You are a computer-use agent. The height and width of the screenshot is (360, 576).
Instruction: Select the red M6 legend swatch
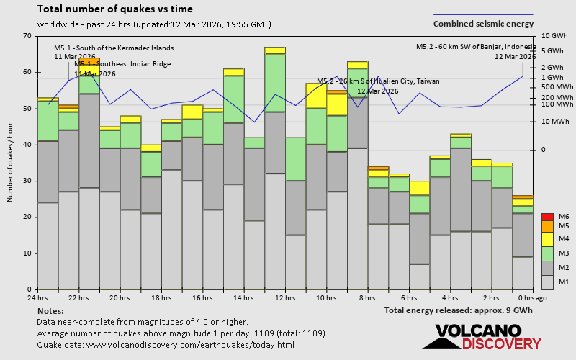point(548,216)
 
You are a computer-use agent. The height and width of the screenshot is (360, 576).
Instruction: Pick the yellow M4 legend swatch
point(548,238)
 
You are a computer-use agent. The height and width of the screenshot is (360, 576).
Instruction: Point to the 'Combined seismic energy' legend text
point(483,24)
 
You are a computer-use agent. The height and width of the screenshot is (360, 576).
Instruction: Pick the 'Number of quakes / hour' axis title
point(11,162)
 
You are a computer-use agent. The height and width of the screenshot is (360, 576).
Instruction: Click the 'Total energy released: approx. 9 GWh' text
point(459,310)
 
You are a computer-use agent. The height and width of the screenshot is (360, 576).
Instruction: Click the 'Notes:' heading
point(50,310)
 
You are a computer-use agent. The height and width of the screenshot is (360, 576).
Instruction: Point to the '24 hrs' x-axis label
point(37,297)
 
